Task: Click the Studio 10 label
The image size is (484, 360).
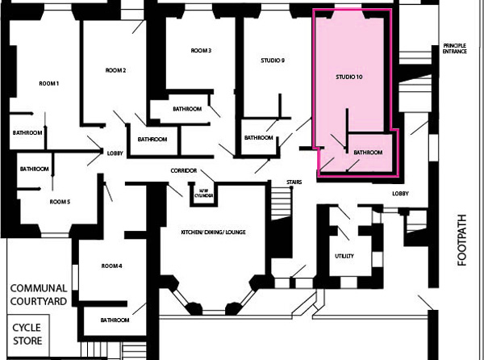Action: coord(349,77)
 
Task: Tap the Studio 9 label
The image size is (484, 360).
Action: coord(273,61)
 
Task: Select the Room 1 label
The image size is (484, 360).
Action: coord(48,84)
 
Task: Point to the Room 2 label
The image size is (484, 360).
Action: coord(115,70)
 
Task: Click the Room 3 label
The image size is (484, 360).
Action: coord(201,50)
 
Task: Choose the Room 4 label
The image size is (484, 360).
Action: coord(112,266)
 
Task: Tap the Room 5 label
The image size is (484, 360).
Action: coord(60,202)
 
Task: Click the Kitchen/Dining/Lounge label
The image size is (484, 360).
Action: coord(213,232)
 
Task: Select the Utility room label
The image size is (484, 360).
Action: coord(344,256)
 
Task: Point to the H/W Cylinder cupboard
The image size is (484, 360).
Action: coord(204,194)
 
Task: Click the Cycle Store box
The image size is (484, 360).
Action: coord(27,335)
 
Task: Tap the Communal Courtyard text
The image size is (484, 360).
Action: coord(39,295)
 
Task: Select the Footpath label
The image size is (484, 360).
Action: coord(462,241)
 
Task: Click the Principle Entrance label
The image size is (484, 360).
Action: coord(455,48)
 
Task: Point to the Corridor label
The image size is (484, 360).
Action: coord(184,171)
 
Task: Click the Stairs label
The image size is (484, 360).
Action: coord(294,182)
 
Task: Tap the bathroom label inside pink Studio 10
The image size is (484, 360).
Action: coord(368,153)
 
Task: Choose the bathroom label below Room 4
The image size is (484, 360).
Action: coord(115,320)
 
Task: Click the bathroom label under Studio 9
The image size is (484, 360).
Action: coord(259,138)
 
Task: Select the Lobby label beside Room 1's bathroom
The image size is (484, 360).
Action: coord(115,153)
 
